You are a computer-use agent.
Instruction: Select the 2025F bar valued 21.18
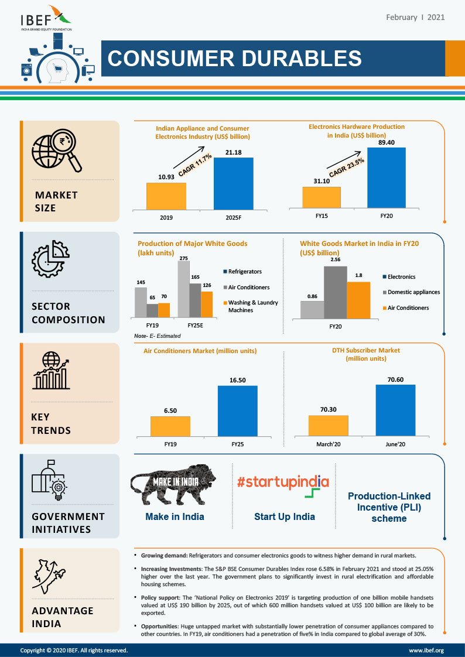point(233,183)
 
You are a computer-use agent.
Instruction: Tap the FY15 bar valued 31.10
point(322,197)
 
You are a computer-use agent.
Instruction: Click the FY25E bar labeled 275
point(184,289)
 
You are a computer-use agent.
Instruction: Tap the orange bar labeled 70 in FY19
point(164,310)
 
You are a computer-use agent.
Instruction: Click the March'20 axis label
point(328,444)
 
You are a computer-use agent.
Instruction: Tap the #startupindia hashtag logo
point(283,482)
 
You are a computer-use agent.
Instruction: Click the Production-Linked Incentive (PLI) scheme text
point(398,507)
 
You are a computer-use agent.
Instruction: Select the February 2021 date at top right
point(415,18)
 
